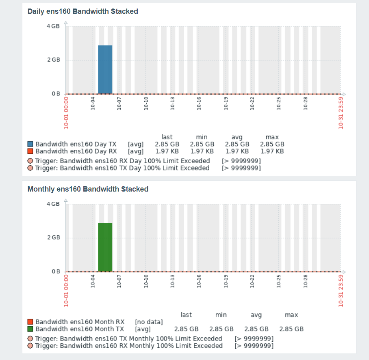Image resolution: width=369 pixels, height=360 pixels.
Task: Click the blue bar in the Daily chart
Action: [105, 69]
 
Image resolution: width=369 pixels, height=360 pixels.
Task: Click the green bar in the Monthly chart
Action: [105, 247]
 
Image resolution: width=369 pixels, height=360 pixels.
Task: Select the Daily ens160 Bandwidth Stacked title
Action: [83, 11]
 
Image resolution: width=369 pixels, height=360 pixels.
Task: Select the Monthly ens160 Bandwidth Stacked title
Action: [88, 189]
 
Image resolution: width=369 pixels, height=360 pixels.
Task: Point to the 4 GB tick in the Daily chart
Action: [54, 26]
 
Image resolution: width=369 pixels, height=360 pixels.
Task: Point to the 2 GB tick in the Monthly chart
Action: [54, 238]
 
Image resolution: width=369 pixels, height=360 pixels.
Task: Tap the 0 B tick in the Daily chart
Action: [56, 94]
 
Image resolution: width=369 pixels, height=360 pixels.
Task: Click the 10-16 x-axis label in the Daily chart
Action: [199, 103]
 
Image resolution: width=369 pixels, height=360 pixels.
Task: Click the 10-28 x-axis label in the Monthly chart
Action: [306, 281]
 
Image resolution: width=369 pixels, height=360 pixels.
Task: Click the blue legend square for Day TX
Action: [30, 144]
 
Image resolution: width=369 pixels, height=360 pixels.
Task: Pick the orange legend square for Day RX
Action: [30, 151]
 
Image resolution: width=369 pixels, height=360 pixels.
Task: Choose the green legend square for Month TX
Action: [30, 329]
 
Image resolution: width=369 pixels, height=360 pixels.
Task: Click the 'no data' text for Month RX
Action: [149, 322]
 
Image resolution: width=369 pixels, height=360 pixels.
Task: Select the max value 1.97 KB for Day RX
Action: [272, 151]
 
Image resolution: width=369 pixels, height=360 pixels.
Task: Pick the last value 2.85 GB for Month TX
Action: [186, 329]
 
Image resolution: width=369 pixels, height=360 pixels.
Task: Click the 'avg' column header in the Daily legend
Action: [237, 137]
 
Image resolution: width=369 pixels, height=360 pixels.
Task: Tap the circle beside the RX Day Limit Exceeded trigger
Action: [30, 161]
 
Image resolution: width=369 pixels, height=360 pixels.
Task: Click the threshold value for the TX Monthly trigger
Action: [254, 338]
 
